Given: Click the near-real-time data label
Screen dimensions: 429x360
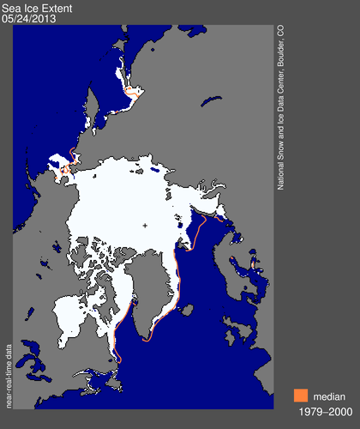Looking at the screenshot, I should (9, 365).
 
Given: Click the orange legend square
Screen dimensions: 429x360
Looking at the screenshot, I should (299, 396).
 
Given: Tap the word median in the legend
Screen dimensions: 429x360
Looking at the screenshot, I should (328, 396).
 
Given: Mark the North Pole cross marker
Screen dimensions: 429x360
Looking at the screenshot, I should (145, 226).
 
